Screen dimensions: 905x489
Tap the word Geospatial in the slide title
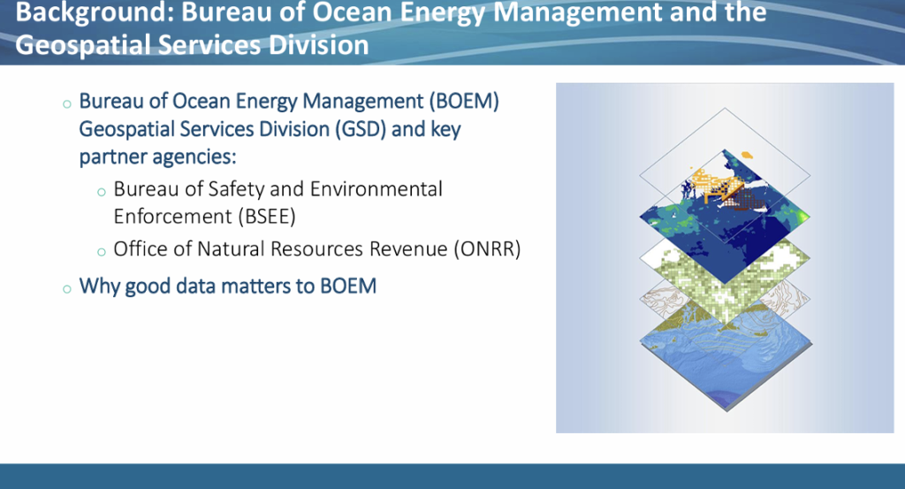click(83, 45)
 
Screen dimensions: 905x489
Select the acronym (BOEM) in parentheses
click(463, 101)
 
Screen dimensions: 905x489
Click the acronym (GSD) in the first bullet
click(361, 129)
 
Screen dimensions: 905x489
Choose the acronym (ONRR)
click(487, 248)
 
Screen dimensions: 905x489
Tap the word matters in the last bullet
click(257, 286)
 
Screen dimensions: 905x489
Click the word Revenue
click(408, 248)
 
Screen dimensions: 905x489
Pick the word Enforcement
click(172, 216)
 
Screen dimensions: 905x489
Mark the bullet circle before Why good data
click(67, 288)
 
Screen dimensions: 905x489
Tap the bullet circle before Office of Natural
click(102, 252)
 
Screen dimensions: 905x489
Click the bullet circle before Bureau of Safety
click(102, 192)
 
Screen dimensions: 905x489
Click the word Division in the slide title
click(318, 45)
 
